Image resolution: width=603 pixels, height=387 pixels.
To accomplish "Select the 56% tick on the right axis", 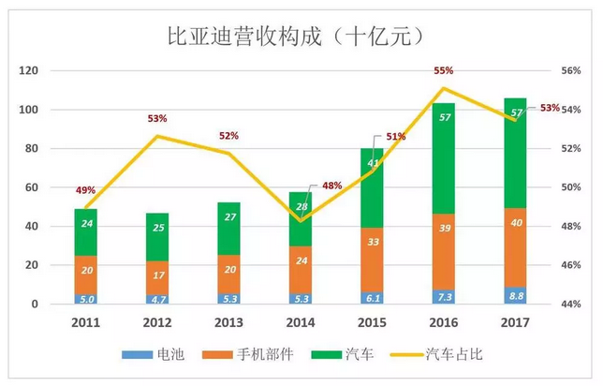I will point(573,71).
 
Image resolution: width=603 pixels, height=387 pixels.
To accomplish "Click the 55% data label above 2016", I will point(444,70).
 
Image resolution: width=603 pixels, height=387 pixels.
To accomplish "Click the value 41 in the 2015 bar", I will point(373,163).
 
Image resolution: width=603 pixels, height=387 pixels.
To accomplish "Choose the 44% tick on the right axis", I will point(573,305).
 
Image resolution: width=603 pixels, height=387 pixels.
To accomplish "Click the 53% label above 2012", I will point(157,119).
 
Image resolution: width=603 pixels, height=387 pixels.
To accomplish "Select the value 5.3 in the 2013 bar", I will point(228,299).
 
